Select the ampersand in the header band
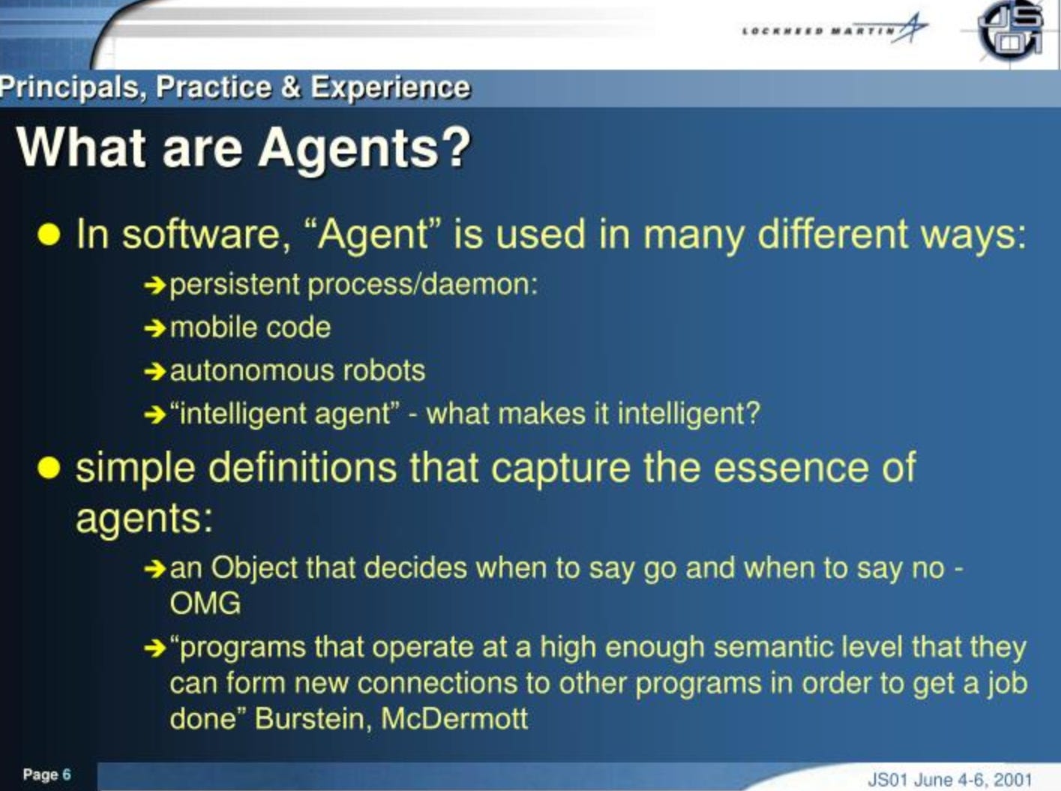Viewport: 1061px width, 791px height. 290,88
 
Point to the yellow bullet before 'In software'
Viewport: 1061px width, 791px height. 48,235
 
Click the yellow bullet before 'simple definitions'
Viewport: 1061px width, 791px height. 48,467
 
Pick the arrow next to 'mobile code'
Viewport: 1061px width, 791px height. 154,329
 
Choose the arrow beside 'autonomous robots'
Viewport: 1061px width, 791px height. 154,372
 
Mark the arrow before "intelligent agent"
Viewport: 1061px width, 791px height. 154,415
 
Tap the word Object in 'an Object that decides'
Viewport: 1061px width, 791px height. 253,568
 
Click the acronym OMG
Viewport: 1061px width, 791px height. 205,604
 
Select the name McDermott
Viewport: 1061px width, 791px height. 454,718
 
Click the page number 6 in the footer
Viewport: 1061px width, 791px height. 66,774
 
